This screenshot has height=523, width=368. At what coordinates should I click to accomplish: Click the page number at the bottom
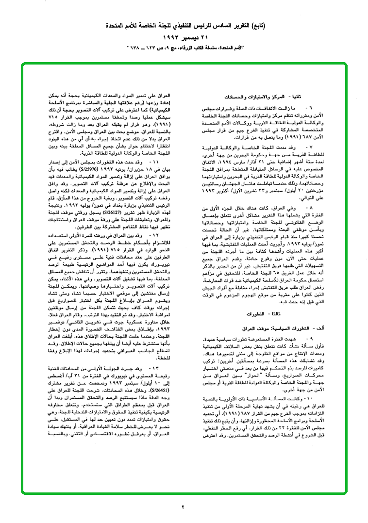(x=184, y=507)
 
